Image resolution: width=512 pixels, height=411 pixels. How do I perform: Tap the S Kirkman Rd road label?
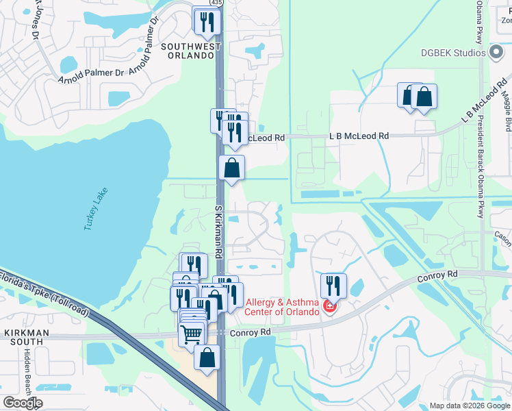pos(219,230)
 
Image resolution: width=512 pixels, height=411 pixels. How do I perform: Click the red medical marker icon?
pos(330,306)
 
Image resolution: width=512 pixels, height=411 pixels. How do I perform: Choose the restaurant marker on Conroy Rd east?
pos(333,285)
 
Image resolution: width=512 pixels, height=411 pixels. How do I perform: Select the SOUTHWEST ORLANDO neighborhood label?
pos(191,51)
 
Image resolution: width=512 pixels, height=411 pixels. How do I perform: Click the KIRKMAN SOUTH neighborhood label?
pos(25,336)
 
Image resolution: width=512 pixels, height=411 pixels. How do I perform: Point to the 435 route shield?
pos(216,3)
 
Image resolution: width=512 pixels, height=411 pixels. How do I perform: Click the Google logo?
pos(22,403)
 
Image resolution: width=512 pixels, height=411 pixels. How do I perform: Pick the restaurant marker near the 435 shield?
pos(206,23)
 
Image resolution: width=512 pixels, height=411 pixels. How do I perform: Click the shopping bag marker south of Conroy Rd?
pos(207,358)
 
